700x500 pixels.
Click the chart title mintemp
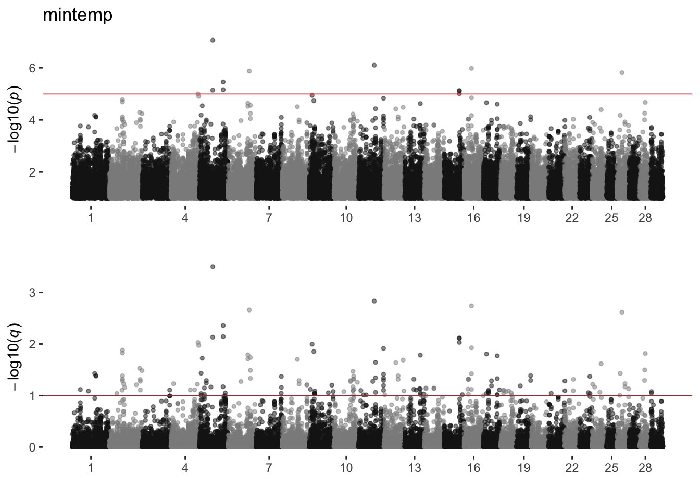click(x=77, y=16)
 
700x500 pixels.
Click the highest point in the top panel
click(x=213, y=40)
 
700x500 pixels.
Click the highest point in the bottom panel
click(x=213, y=267)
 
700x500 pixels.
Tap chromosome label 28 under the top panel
click(x=645, y=218)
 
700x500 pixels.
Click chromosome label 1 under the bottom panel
click(x=91, y=467)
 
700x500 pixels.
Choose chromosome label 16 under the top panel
click(x=473, y=218)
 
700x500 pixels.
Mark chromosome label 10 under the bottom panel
click(x=346, y=467)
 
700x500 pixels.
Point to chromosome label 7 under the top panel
click(x=269, y=218)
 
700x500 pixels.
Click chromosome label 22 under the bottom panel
click(x=572, y=467)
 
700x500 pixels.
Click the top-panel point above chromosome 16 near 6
click(x=471, y=68)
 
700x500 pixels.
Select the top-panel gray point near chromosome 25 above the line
click(x=622, y=73)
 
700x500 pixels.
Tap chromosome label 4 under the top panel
click(x=185, y=218)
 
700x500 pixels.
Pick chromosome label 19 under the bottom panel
click(x=524, y=467)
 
